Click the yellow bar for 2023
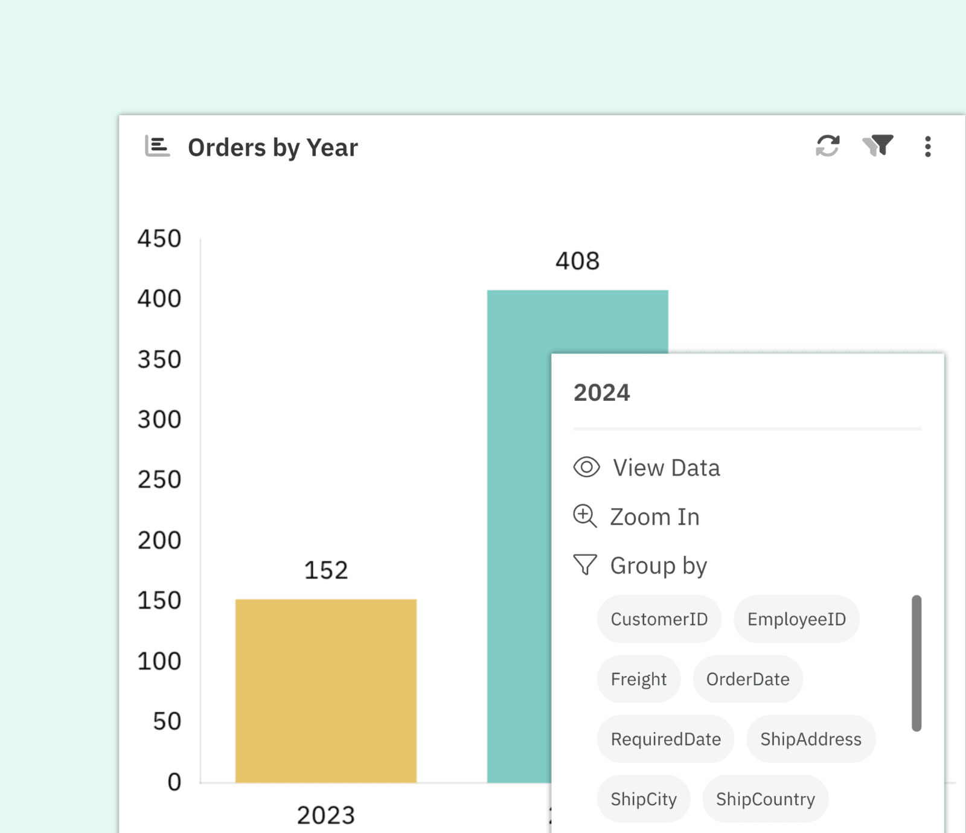pyautogui.click(x=326, y=691)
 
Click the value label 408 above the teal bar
pyautogui.click(x=577, y=261)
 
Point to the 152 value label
pyautogui.click(x=326, y=570)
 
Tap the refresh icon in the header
pyautogui.click(x=827, y=146)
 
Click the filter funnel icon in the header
pyautogui.click(x=878, y=145)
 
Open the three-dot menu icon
pyautogui.click(x=927, y=147)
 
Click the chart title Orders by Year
pyautogui.click(x=272, y=148)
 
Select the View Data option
pyautogui.click(x=666, y=468)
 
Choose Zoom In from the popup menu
pyautogui.click(x=654, y=517)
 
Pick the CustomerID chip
pyautogui.click(x=659, y=619)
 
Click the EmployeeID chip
pyautogui.click(x=796, y=619)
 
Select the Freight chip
pyautogui.click(x=638, y=679)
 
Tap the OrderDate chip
pyautogui.click(x=747, y=679)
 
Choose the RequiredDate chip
pyautogui.click(x=665, y=739)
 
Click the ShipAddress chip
pyautogui.click(x=810, y=739)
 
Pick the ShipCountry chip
pyautogui.click(x=765, y=799)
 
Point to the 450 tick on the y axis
pyautogui.click(x=159, y=238)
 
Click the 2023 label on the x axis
pyautogui.click(x=326, y=815)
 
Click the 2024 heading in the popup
pyautogui.click(x=601, y=393)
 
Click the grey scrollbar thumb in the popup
pyautogui.click(x=916, y=663)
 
